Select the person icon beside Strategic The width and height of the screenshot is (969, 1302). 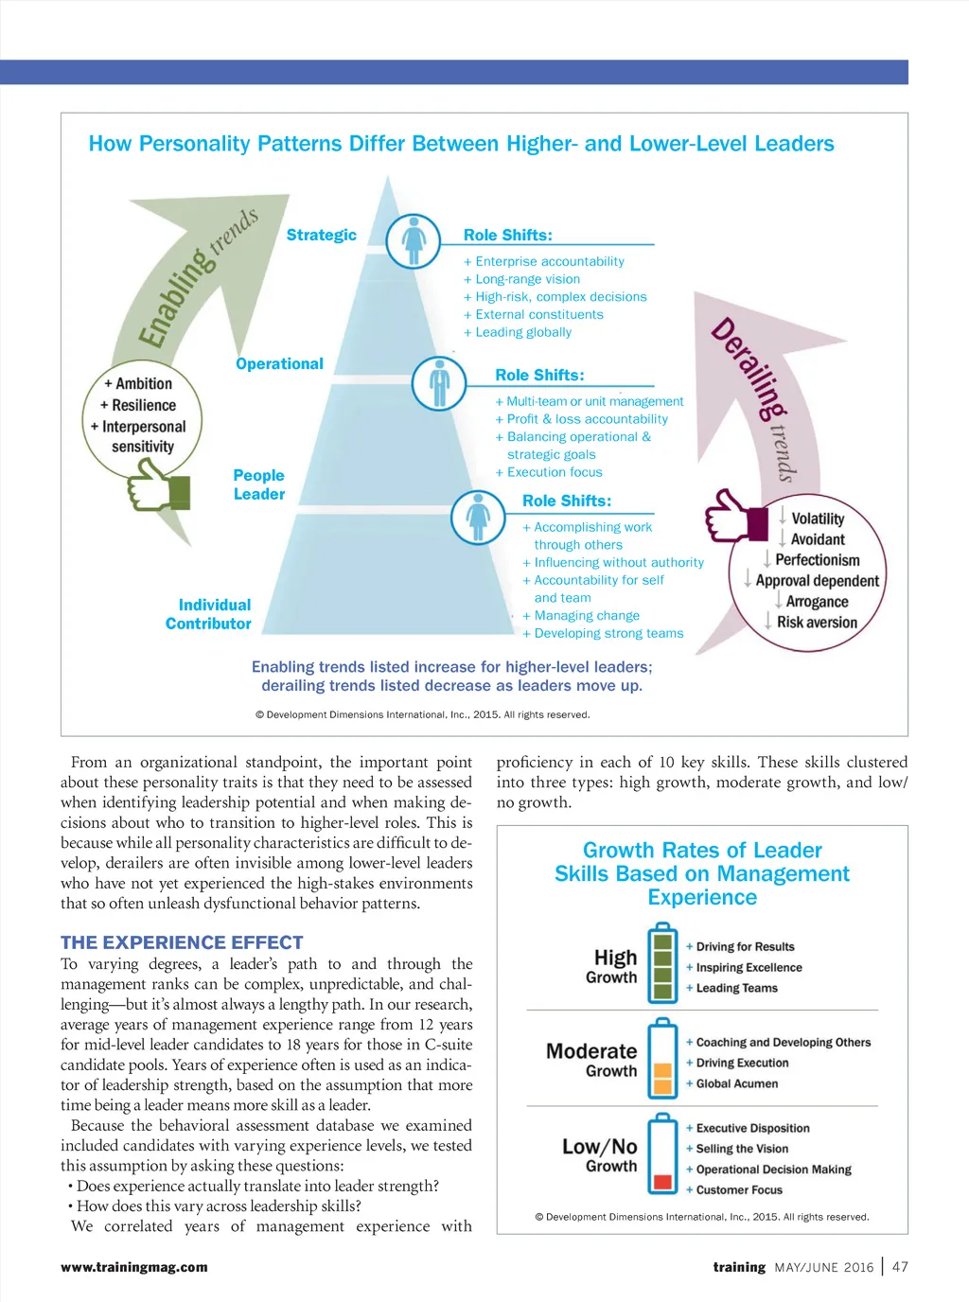click(414, 240)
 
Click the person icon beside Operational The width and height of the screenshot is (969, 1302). click(439, 383)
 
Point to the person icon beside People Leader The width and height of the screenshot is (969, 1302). click(478, 517)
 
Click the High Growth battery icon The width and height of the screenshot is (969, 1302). click(662, 965)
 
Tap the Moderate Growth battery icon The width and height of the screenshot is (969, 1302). click(662, 1059)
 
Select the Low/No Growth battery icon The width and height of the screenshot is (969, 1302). click(662, 1154)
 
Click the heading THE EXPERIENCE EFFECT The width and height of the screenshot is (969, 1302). click(182, 942)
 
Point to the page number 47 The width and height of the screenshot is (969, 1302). click(900, 1267)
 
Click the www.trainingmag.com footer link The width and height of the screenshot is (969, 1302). click(134, 1267)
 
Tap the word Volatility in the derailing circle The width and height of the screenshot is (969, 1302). click(818, 519)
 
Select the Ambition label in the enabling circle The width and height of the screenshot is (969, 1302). click(143, 383)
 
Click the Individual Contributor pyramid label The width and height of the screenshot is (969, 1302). click(209, 614)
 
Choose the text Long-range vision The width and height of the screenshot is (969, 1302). click(527, 279)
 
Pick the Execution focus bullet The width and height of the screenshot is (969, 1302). click(554, 472)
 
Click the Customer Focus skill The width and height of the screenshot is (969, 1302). click(739, 1190)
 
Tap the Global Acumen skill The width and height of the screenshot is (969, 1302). click(736, 1083)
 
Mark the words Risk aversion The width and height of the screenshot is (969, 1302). click(817, 623)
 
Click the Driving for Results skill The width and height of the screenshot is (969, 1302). click(745, 946)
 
